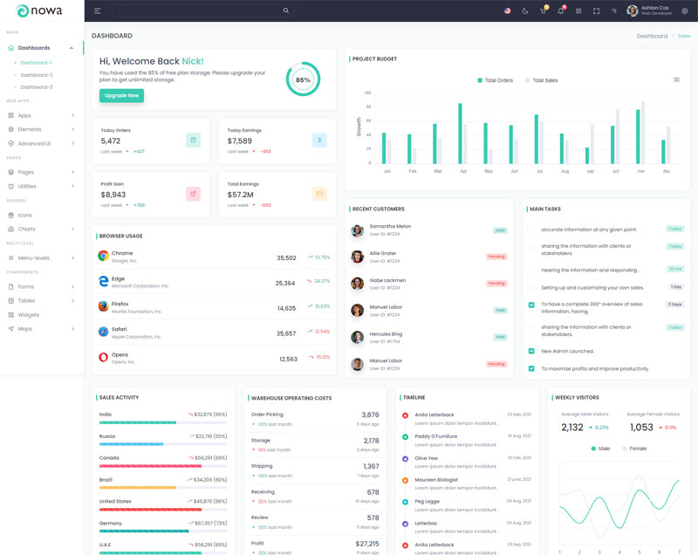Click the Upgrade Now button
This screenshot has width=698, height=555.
(x=121, y=95)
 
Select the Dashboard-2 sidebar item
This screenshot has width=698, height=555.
(x=37, y=75)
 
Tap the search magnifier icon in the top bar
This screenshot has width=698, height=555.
(x=285, y=10)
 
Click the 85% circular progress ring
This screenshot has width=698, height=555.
(x=302, y=79)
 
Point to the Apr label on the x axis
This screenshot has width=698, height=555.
(x=462, y=171)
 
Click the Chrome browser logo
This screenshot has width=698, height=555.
(x=103, y=256)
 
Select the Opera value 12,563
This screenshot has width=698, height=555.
(x=287, y=359)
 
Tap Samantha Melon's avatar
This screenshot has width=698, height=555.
(x=357, y=230)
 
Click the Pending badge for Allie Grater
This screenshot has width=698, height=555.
(x=496, y=257)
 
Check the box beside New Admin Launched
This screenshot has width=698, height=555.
(x=531, y=351)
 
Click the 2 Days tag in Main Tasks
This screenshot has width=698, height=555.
(x=674, y=305)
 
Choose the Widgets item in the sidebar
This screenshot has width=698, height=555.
(x=28, y=314)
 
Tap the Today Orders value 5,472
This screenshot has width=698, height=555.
(x=111, y=140)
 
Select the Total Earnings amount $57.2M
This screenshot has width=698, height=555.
(x=240, y=195)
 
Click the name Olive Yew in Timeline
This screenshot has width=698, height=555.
(x=427, y=458)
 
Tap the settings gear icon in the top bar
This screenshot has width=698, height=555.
(x=684, y=10)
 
